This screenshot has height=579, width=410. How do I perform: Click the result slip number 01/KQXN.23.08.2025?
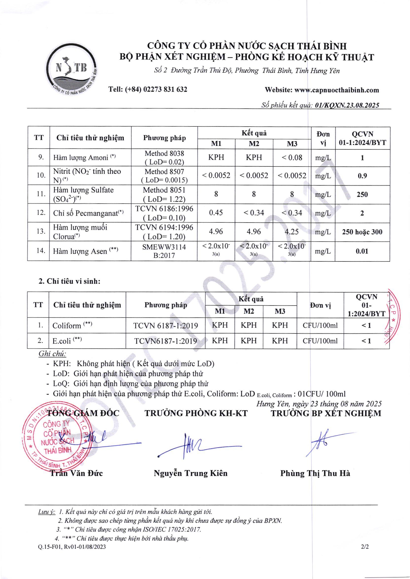click(x=347, y=105)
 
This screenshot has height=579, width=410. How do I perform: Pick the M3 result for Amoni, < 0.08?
click(x=292, y=157)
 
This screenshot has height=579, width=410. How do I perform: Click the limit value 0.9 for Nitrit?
click(x=362, y=176)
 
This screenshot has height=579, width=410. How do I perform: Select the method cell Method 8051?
click(x=164, y=190)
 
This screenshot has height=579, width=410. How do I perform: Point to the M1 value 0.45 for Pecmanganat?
click(x=216, y=212)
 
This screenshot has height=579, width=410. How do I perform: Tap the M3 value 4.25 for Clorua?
click(x=292, y=232)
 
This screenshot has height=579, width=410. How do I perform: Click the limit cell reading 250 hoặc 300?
click(x=362, y=232)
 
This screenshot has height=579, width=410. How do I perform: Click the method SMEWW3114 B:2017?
click(x=164, y=251)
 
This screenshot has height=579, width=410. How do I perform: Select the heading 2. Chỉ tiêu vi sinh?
click(x=70, y=281)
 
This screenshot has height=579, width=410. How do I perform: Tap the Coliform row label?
click(x=67, y=325)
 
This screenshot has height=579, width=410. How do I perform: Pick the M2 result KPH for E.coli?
click(x=249, y=341)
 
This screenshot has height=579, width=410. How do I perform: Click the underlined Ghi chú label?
click(x=52, y=354)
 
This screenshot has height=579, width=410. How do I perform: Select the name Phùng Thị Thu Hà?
click(x=315, y=473)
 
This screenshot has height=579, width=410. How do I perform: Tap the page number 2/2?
click(x=365, y=547)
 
